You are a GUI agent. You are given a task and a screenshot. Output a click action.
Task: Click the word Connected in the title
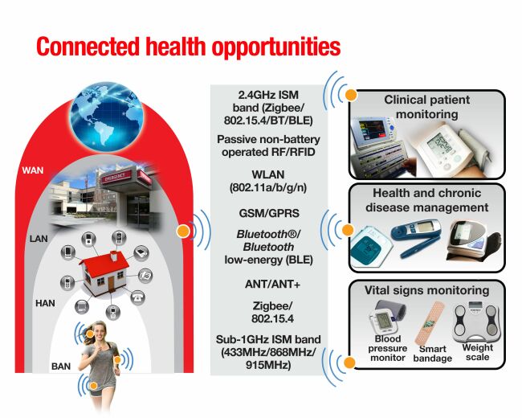click(88, 47)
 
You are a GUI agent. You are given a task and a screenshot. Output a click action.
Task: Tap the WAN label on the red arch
click(33, 170)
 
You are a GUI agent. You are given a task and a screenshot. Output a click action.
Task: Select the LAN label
click(39, 239)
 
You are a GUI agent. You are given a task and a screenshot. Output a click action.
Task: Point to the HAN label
click(45, 303)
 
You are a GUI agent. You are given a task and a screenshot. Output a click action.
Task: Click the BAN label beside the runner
click(61, 367)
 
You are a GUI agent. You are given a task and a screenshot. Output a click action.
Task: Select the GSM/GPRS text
click(269, 213)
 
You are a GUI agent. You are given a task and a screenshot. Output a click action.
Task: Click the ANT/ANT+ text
click(272, 284)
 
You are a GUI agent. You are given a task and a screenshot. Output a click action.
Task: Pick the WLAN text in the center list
click(268, 174)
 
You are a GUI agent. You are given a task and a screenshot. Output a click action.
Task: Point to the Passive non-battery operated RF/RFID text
click(268, 145)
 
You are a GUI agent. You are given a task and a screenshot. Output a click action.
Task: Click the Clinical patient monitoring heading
click(426, 107)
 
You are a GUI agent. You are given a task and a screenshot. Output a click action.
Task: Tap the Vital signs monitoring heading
click(426, 290)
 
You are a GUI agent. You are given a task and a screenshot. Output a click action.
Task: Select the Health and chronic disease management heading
click(426, 200)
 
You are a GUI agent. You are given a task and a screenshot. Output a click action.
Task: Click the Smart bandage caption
click(432, 354)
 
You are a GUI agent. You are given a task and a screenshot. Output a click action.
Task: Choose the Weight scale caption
click(477, 352)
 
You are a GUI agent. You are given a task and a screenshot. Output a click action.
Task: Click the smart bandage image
click(429, 323)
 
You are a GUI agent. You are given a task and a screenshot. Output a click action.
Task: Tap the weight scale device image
click(477, 322)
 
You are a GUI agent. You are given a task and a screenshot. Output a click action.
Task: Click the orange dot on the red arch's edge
click(183, 231)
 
